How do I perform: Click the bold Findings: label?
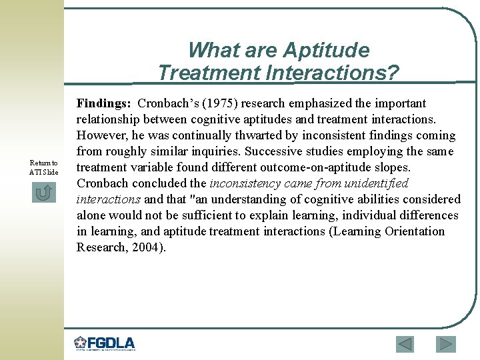coord(104,103)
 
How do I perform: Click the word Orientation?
coord(414,231)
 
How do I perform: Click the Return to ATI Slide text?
coord(44,167)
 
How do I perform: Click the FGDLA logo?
coord(105,343)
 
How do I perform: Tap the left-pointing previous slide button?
coord(405,344)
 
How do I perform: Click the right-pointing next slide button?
coord(445,344)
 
